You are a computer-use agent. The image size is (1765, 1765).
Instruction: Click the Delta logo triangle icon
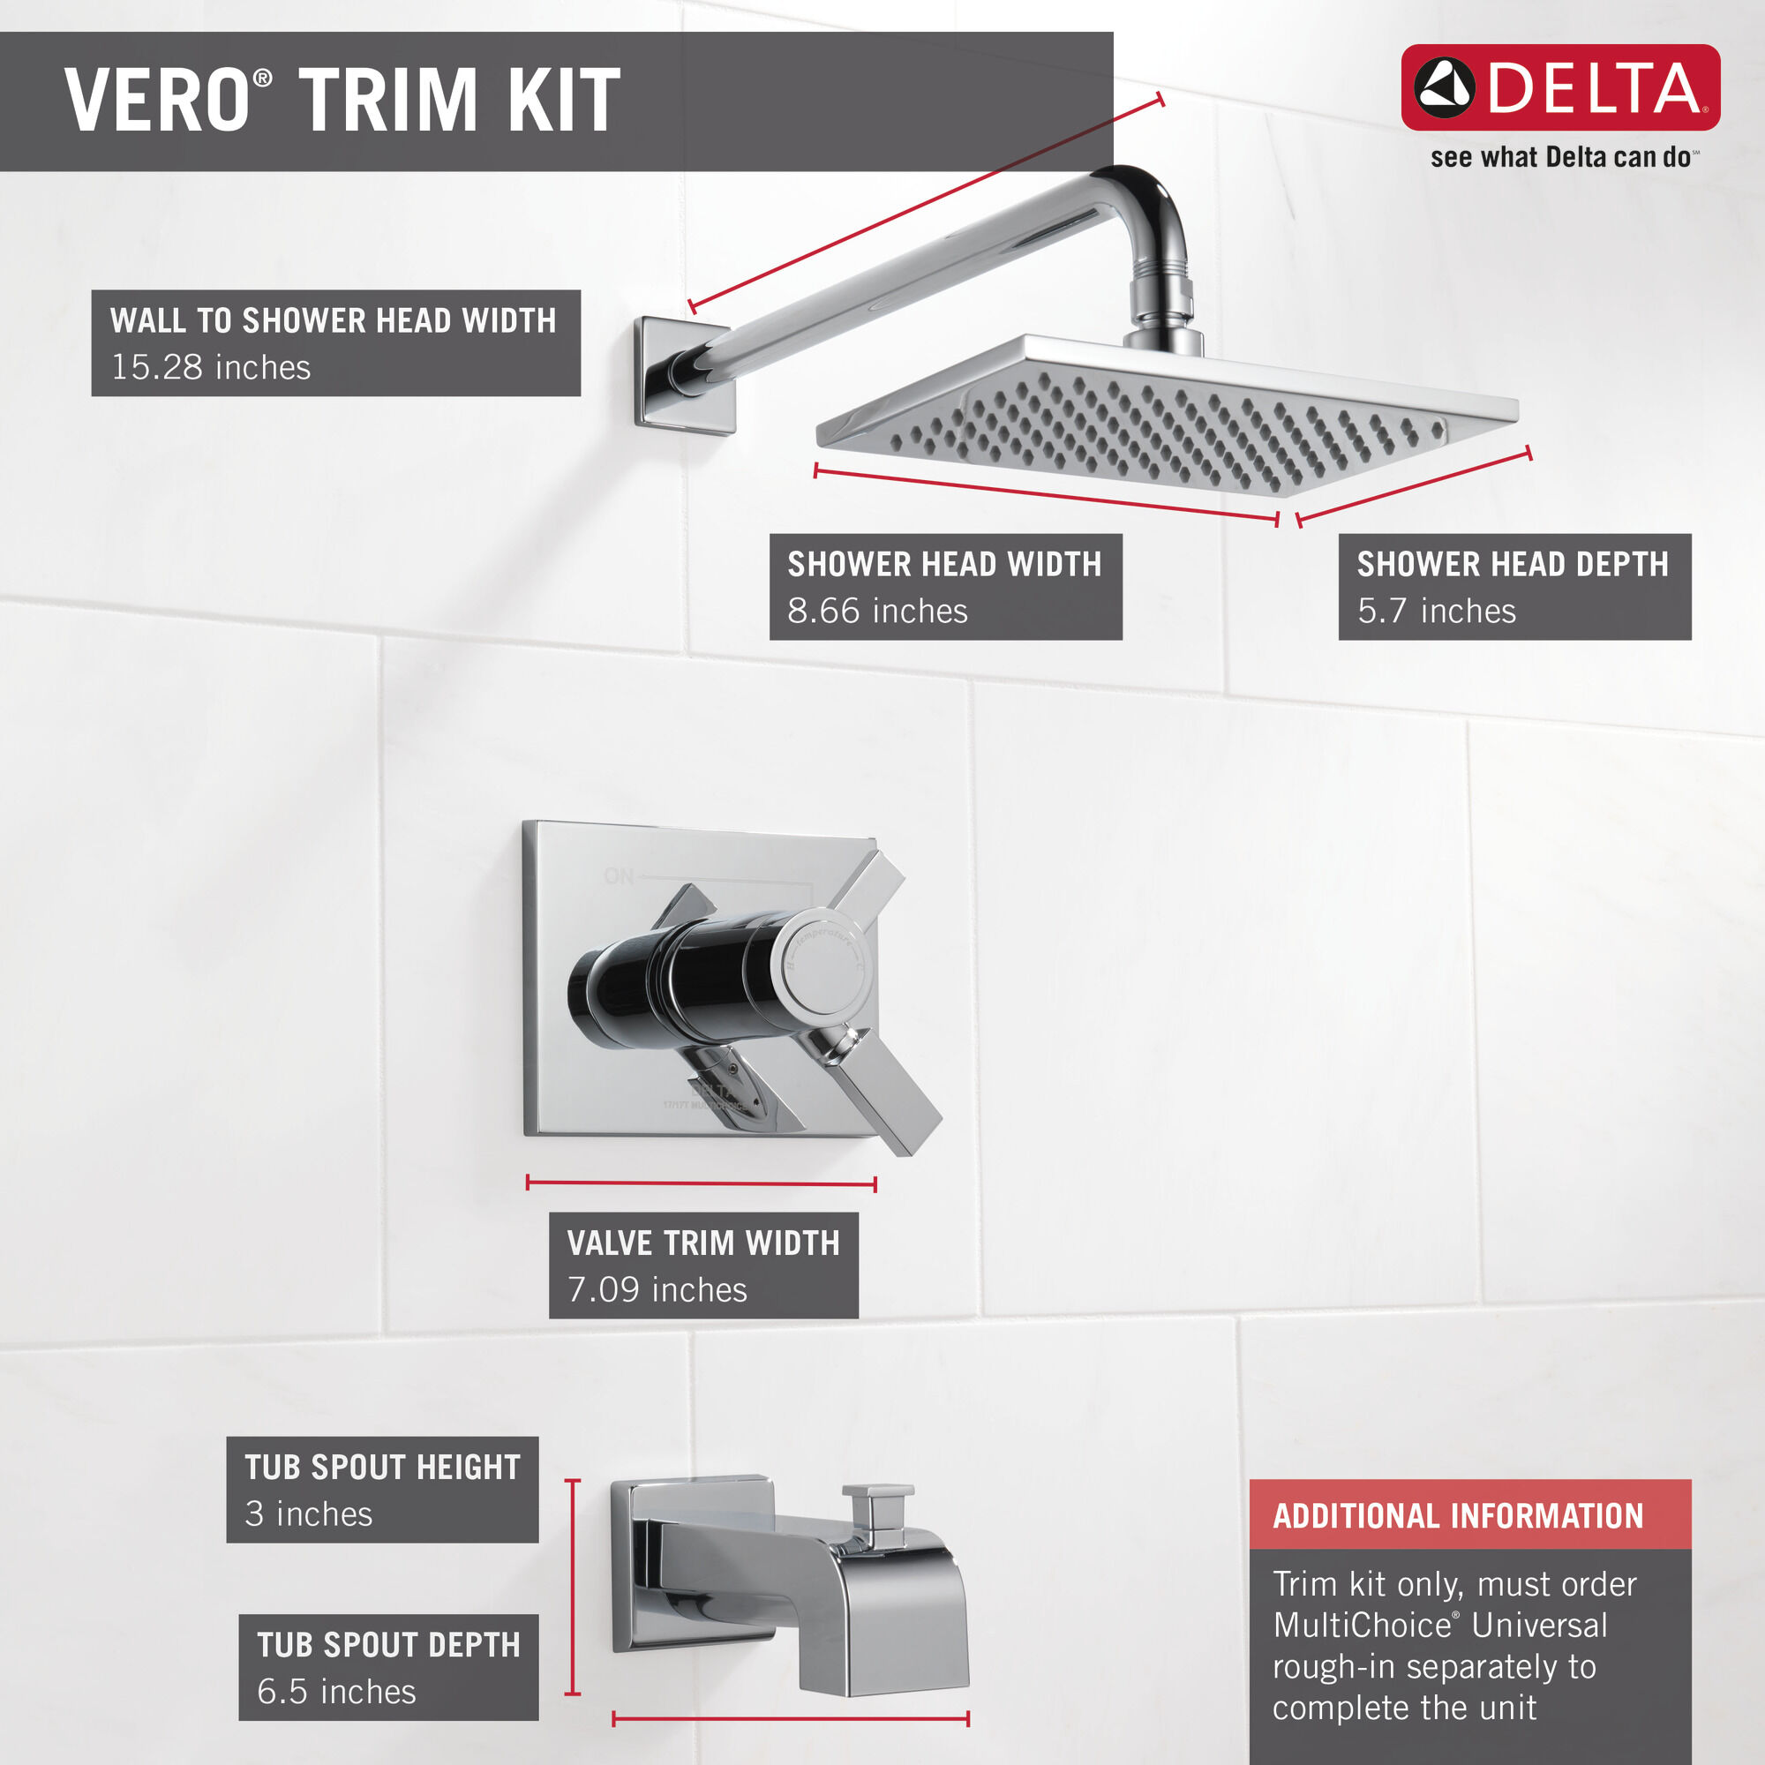1444,87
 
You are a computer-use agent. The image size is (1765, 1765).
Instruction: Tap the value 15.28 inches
211,367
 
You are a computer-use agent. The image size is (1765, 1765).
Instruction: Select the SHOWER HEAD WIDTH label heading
943,565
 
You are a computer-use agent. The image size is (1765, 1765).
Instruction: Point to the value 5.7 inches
1436,611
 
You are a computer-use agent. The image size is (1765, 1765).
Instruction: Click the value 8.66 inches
877,611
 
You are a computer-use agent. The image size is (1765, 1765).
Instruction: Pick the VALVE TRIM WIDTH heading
702,1243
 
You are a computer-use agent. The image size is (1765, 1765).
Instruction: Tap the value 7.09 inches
657,1290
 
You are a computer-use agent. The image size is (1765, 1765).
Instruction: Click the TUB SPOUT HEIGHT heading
382,1468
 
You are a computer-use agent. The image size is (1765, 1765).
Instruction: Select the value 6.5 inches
336,1692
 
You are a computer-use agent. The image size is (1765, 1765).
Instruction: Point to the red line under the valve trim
701,1184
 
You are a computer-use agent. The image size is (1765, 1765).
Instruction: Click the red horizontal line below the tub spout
790,1720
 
